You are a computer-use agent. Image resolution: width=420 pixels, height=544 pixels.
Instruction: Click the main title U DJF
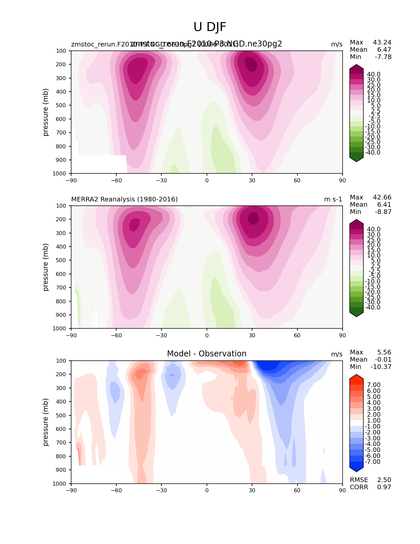tap(210, 27)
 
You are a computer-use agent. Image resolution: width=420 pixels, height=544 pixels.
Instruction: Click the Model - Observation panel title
tap(207, 354)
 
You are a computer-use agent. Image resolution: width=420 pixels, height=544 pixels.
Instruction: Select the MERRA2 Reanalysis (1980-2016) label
tap(125, 199)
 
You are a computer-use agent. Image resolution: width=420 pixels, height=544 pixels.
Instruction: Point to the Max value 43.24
tap(382, 42)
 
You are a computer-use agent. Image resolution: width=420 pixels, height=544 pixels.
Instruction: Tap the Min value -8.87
tap(383, 212)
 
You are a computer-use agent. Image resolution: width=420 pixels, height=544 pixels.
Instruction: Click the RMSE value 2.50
tap(384, 480)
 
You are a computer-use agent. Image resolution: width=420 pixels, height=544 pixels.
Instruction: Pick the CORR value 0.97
tap(384, 487)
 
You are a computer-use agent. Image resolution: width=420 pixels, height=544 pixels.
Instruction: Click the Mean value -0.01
tap(383, 359)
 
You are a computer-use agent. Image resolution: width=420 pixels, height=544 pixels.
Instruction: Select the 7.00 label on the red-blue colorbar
tap(374, 385)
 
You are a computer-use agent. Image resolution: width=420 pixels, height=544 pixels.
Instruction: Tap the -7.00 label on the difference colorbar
tap(373, 462)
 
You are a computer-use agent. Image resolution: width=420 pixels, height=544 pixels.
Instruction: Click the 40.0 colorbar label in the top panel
tap(374, 74)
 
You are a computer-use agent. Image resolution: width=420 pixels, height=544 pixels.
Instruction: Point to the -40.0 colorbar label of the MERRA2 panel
tap(373, 307)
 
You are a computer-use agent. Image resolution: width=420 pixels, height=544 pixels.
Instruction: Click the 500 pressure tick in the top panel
tap(62, 105)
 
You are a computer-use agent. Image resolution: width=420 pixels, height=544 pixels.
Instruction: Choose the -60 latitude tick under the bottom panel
tap(116, 490)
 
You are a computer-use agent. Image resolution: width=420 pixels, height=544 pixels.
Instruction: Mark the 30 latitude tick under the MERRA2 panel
tap(252, 335)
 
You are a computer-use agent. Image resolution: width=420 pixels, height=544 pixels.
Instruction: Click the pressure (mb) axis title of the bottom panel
tap(46, 422)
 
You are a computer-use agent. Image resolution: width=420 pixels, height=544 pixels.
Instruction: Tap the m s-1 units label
tap(333, 199)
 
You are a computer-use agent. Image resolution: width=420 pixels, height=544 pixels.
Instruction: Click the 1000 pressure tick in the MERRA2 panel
tap(60, 328)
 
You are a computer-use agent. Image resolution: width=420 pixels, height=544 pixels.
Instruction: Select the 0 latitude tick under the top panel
tap(207, 180)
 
